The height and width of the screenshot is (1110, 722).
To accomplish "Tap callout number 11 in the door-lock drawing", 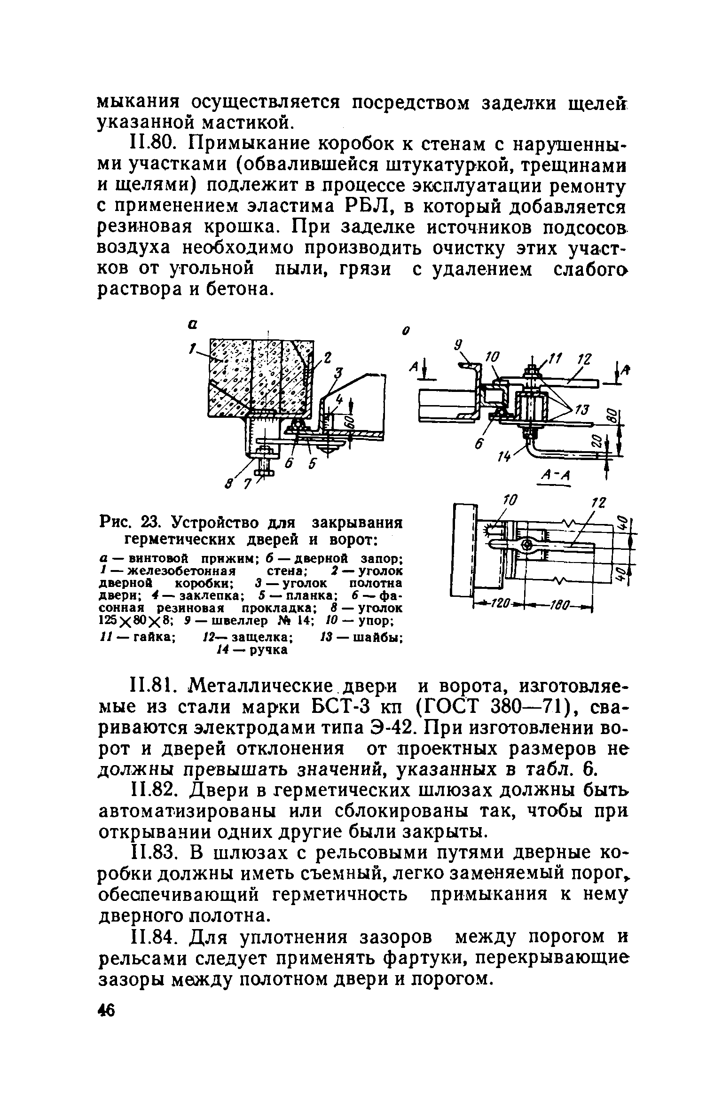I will (555, 360).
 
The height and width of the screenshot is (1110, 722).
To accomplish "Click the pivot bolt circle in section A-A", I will (526, 545).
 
